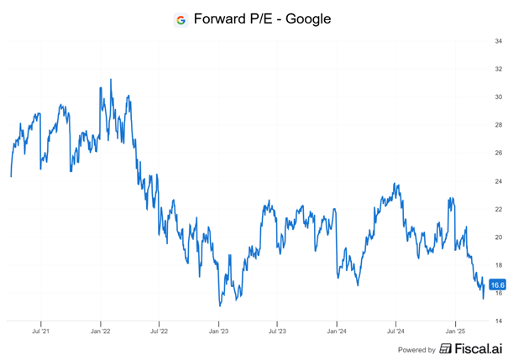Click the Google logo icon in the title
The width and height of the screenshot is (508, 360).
tap(181, 19)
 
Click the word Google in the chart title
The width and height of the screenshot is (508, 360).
tap(307, 18)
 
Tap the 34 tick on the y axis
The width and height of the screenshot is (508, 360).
tap(499, 41)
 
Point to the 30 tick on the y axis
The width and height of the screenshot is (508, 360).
tap(499, 97)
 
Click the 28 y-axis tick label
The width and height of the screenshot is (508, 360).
tap(499, 125)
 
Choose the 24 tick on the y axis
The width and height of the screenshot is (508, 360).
tap(499, 181)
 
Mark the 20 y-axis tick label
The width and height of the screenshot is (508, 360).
tap(499, 237)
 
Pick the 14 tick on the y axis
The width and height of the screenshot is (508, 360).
tap(499, 321)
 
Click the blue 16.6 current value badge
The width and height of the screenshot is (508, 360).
tap(496, 285)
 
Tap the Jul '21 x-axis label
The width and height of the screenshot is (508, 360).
tap(40, 331)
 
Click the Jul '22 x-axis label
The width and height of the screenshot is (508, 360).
tap(159, 331)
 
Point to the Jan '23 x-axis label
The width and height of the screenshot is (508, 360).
tap(218, 331)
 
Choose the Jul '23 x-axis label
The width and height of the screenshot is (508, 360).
tap(277, 331)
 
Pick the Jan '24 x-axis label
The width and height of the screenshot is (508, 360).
tap(337, 331)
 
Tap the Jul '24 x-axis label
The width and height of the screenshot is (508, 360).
tap(395, 331)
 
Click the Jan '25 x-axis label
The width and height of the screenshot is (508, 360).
tap(455, 331)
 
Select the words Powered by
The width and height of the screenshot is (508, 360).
tap(416, 350)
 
